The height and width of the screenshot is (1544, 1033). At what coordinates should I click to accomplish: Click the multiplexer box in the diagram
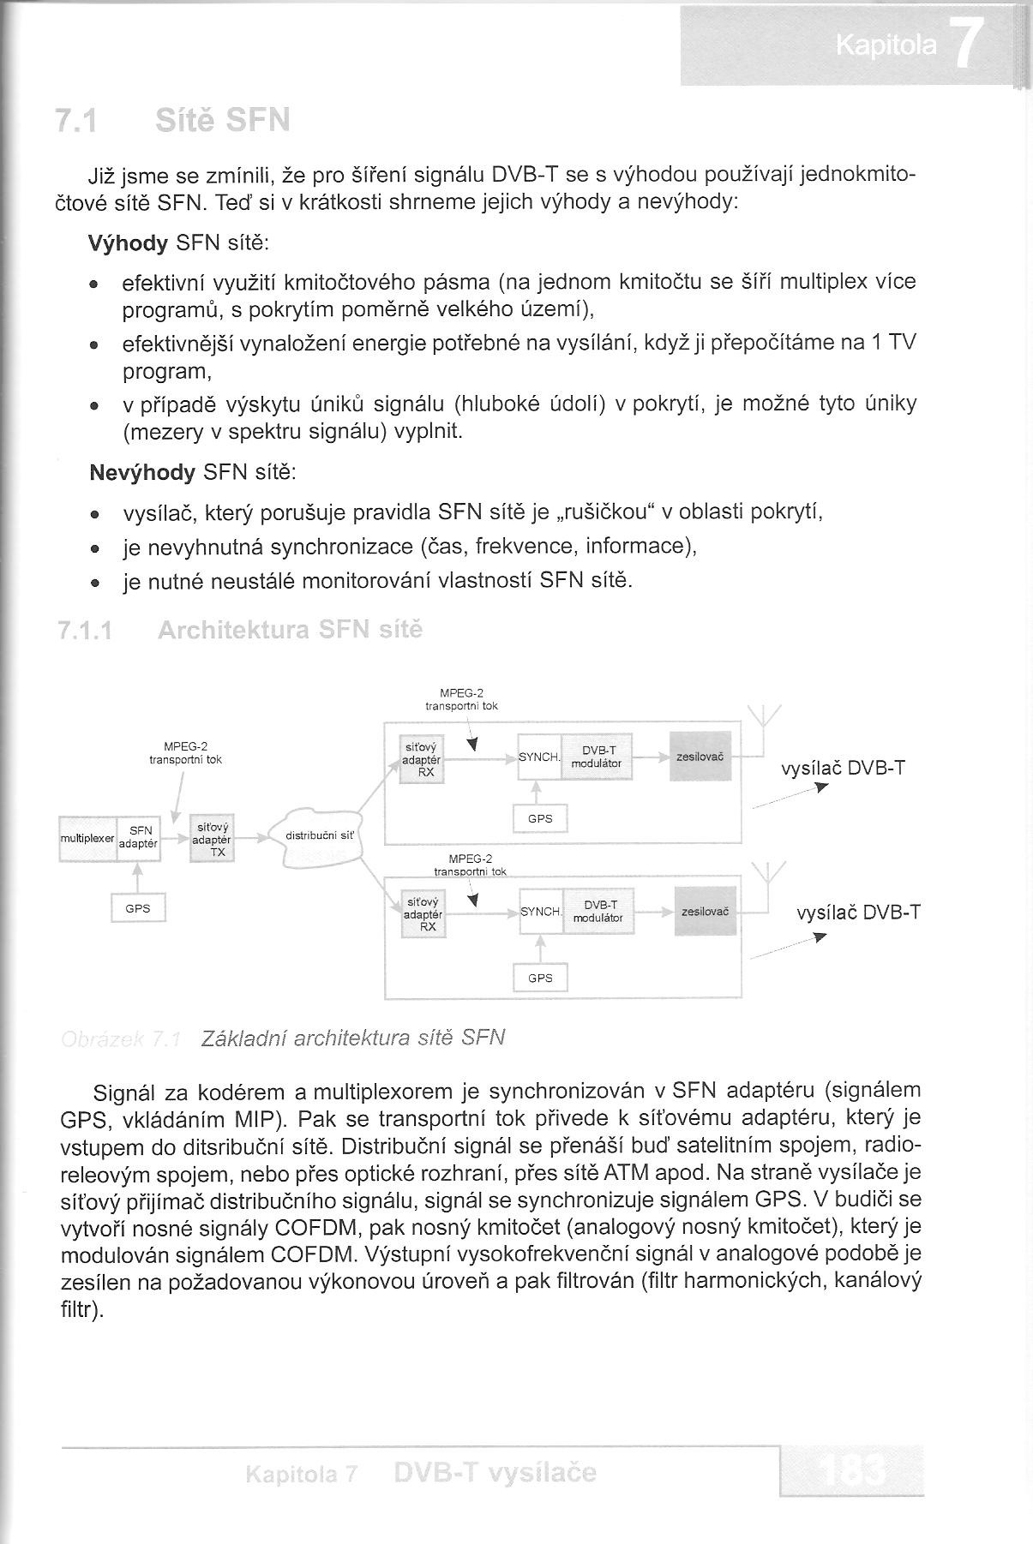coord(87,838)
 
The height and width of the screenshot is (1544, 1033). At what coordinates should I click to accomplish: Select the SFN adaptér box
coord(139,838)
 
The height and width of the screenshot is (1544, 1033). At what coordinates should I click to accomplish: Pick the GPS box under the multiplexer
coord(137,908)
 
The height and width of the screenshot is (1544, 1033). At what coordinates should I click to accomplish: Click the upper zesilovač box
coord(700,757)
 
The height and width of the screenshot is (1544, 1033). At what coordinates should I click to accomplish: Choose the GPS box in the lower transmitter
coord(540,978)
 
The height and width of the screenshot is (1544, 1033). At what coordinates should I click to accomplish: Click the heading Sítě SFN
coord(223,121)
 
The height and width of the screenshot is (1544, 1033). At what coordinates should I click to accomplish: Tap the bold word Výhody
coord(129,243)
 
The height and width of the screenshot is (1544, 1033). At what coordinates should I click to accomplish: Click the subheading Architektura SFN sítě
coord(290,631)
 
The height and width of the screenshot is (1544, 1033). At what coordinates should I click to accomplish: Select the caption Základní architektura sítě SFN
coord(352,1038)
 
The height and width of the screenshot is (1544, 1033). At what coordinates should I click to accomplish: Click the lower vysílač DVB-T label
coord(858,913)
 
